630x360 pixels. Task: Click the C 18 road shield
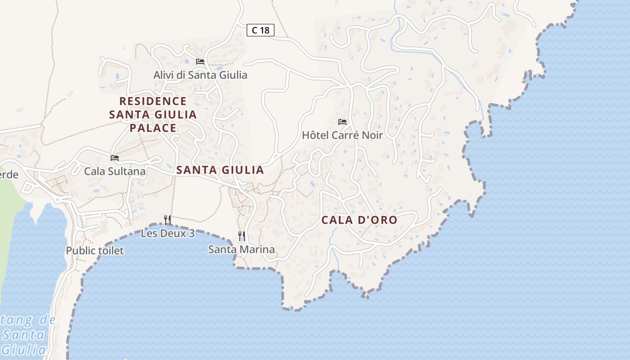pyautogui.click(x=261, y=30)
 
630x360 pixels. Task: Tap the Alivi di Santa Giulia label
pyautogui.click(x=200, y=75)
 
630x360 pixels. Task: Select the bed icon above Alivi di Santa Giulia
pyautogui.click(x=200, y=61)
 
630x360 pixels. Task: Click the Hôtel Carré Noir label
pyautogui.click(x=342, y=135)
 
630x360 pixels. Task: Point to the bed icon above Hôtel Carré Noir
pyautogui.click(x=342, y=121)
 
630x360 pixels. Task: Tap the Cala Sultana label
pyautogui.click(x=115, y=171)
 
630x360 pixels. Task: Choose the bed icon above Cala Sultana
pyautogui.click(x=115, y=157)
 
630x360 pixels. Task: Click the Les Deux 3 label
pyautogui.click(x=167, y=234)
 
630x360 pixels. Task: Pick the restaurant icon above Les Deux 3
pyautogui.click(x=167, y=220)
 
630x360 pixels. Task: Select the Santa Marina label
pyautogui.click(x=241, y=249)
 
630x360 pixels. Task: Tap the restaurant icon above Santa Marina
pyautogui.click(x=242, y=236)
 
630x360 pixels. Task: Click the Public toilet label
pyautogui.click(x=94, y=251)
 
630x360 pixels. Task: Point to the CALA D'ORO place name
pyautogui.click(x=359, y=220)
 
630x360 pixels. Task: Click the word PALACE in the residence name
pyautogui.click(x=153, y=128)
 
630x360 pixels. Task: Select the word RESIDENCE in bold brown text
pyautogui.click(x=153, y=101)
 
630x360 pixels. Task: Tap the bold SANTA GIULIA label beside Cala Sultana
pyautogui.click(x=220, y=170)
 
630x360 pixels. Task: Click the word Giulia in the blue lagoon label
pyautogui.click(x=23, y=350)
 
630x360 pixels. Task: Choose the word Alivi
pyautogui.click(x=163, y=75)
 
